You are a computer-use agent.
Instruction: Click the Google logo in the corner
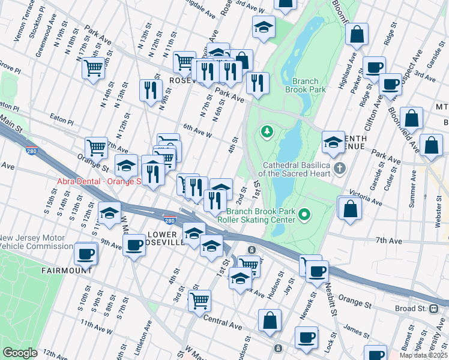click(20, 353)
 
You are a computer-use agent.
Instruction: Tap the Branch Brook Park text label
click(309, 85)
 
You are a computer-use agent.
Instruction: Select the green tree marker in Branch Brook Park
click(266, 130)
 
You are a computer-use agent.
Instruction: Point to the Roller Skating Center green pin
click(305, 214)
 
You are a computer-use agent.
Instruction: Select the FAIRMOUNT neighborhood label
click(66, 271)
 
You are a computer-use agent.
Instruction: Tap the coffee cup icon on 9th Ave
click(133, 244)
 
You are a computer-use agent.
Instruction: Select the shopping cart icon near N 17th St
click(94, 68)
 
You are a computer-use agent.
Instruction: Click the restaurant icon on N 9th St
click(149, 90)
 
